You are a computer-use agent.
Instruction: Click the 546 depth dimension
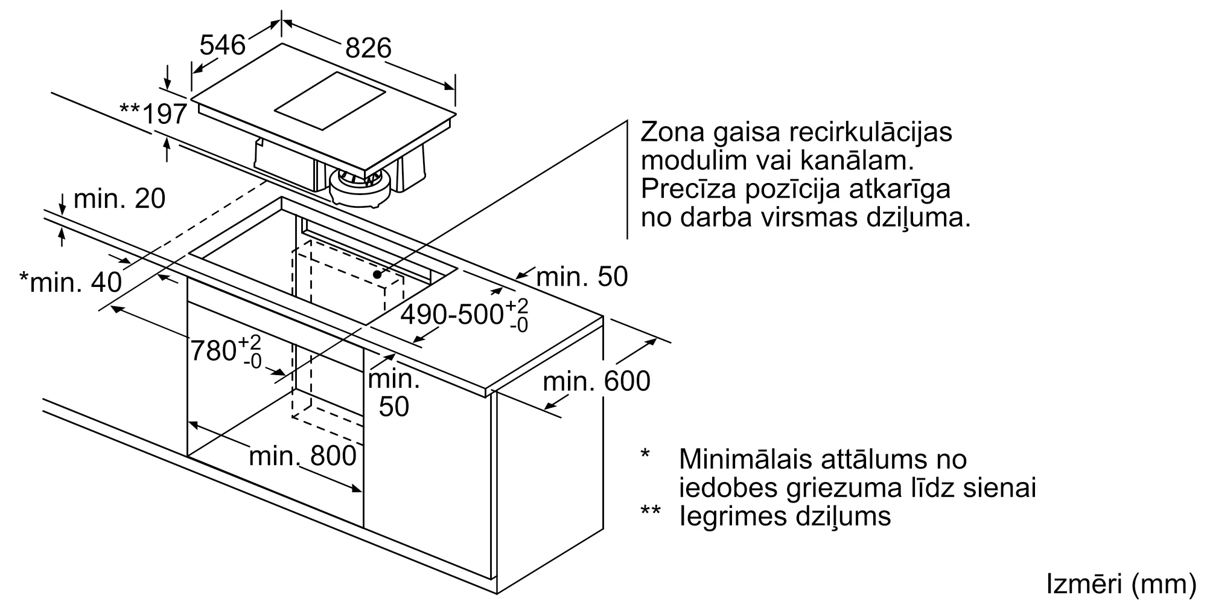(x=223, y=45)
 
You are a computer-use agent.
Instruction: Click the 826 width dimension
(x=368, y=48)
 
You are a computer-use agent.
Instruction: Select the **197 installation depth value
(x=154, y=113)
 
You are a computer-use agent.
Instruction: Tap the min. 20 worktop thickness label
(x=119, y=199)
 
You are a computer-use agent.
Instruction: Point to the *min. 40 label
(x=71, y=282)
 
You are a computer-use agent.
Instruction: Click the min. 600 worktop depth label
(x=596, y=382)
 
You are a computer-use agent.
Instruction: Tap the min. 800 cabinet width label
(x=302, y=456)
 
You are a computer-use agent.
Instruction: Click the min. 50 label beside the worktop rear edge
(x=582, y=277)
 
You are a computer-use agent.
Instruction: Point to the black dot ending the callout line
(x=377, y=274)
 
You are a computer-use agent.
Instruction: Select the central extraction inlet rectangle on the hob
(x=330, y=101)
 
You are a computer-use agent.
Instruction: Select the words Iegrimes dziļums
(x=785, y=516)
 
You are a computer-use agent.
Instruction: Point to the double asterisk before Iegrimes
(x=651, y=511)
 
